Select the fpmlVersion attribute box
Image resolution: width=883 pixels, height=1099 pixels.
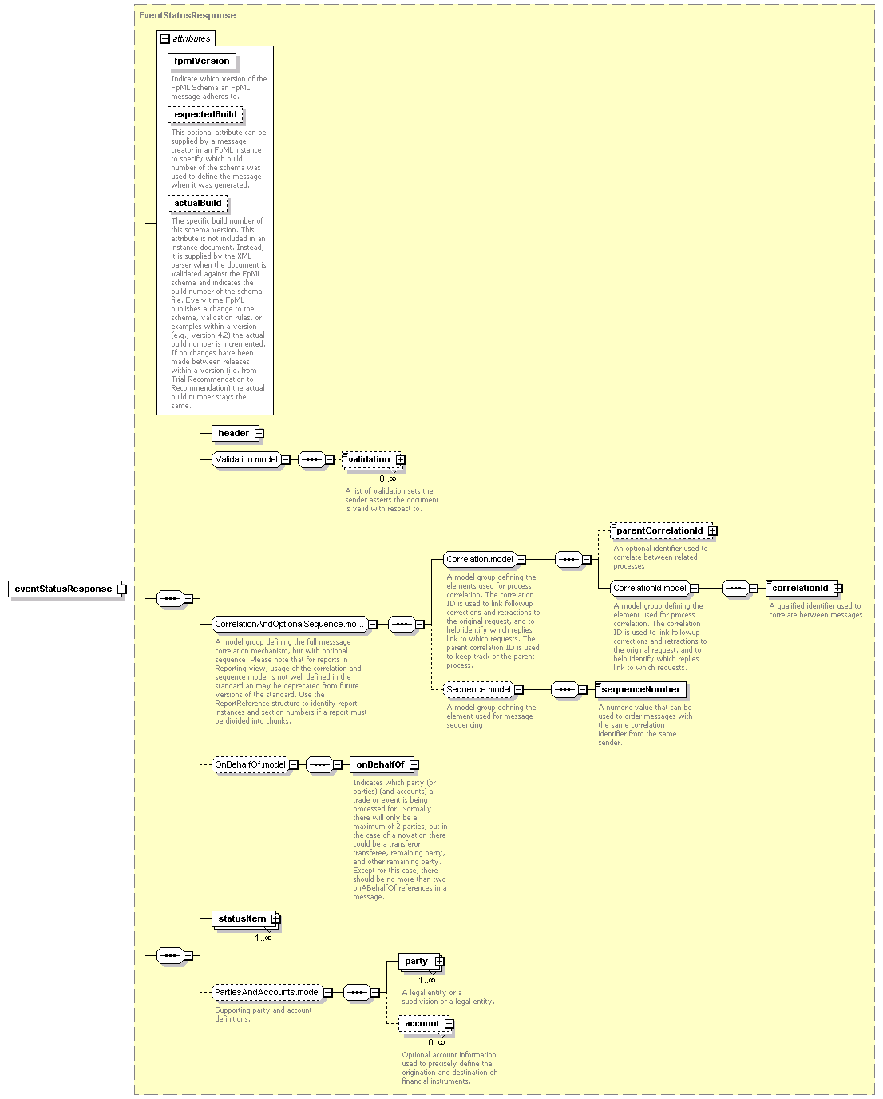(202, 61)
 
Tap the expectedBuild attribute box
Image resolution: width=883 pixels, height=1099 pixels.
(205, 114)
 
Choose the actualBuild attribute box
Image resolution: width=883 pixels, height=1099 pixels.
(197, 203)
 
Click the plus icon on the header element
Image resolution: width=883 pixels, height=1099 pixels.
(259, 434)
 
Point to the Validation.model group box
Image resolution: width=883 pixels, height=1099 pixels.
(247, 459)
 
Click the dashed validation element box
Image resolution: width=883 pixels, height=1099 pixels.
(372, 459)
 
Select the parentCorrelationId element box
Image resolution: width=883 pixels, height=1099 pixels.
(662, 530)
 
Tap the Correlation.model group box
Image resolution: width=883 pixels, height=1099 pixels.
(480, 560)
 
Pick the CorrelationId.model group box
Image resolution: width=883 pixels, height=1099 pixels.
(650, 589)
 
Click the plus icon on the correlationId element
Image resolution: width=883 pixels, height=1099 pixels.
(837, 589)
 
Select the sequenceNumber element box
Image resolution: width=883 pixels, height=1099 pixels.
(640, 689)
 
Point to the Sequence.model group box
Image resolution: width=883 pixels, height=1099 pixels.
(478, 689)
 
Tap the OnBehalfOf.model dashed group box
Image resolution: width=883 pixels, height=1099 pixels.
(250, 764)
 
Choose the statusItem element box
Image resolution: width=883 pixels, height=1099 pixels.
(244, 918)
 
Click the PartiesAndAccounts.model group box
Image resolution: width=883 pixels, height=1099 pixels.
(267, 992)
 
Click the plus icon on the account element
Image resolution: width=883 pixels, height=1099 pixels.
(449, 1023)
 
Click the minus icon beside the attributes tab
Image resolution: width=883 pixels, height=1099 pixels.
(164, 39)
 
